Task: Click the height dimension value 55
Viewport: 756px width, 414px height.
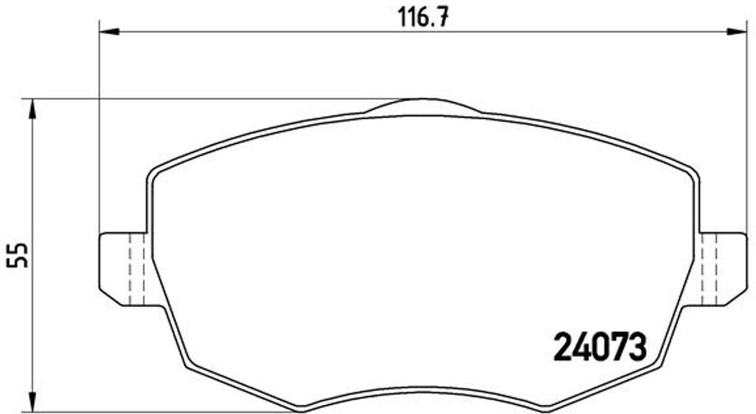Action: click(18, 255)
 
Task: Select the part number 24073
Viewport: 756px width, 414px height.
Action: click(599, 345)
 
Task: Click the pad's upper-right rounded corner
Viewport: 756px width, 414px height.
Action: click(692, 173)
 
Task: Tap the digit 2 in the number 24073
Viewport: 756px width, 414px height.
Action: click(564, 345)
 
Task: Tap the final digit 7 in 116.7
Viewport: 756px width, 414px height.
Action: click(442, 16)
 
